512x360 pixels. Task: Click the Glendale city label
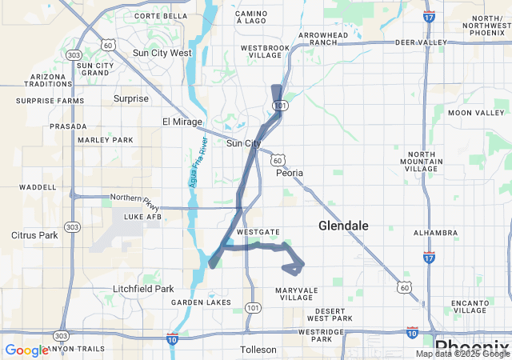(343, 226)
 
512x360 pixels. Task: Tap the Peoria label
(290, 173)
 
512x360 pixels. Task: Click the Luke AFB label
(142, 216)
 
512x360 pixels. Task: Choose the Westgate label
(258, 232)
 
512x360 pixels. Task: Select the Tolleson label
(258, 350)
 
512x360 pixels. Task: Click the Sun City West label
(162, 53)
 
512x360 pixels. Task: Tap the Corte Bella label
(161, 16)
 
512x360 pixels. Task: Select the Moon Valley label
(476, 113)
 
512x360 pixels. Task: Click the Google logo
(26, 350)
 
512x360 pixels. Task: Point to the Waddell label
(38, 187)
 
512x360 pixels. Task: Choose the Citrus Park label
(35, 235)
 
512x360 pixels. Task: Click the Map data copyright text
(462, 354)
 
